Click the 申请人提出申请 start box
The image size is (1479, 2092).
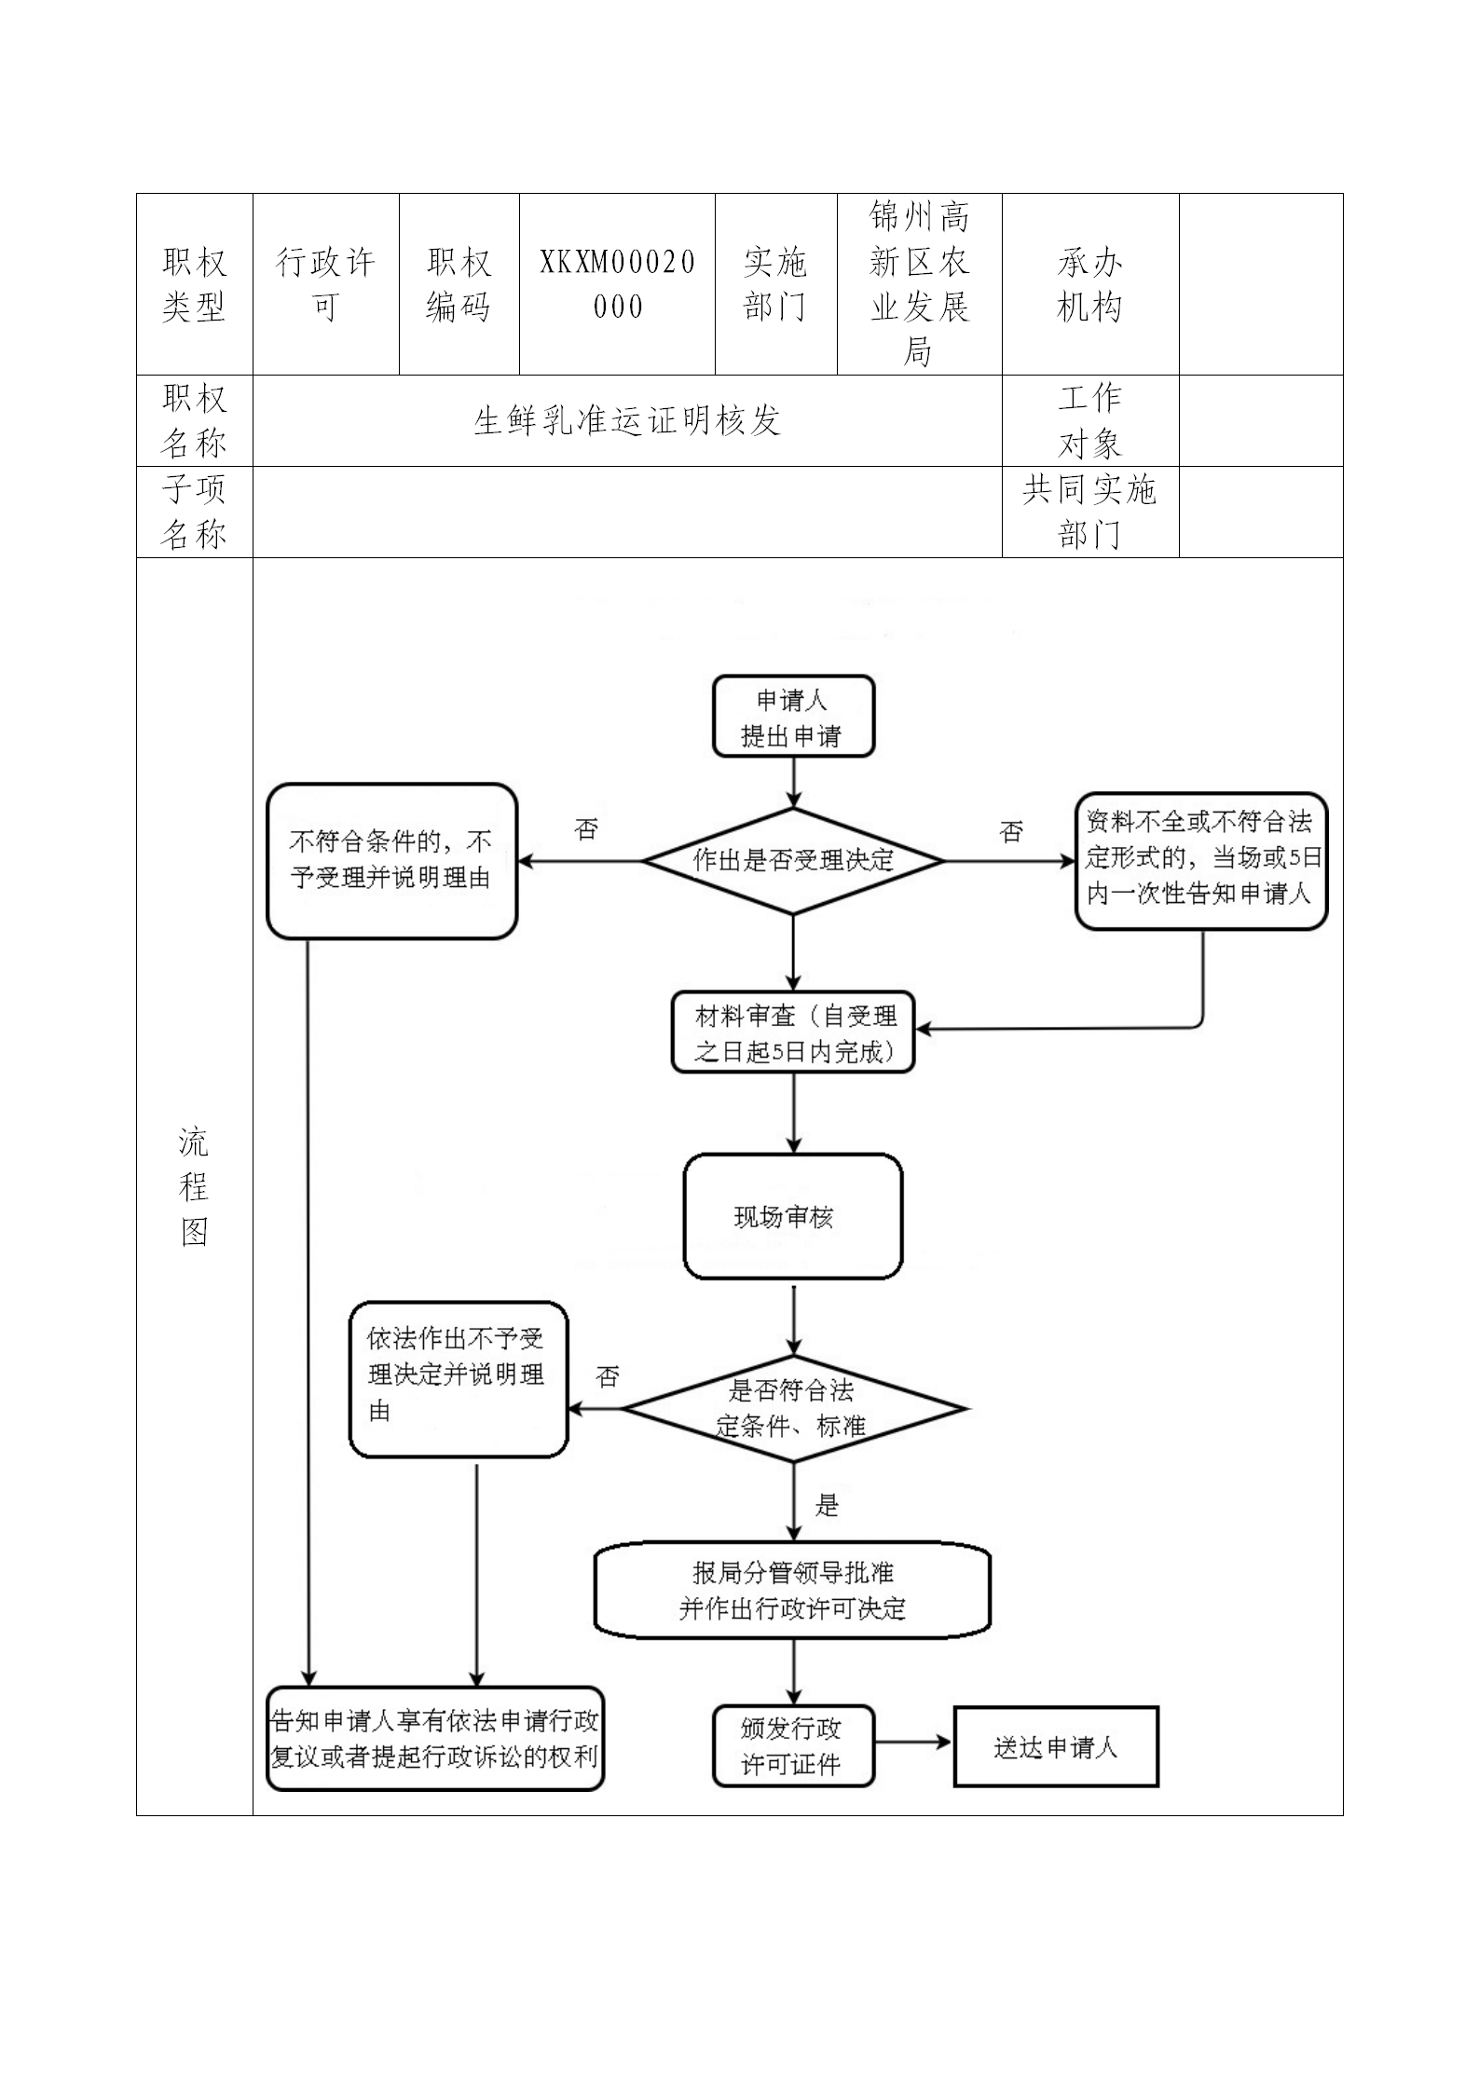point(793,716)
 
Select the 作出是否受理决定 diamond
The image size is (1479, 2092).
point(793,860)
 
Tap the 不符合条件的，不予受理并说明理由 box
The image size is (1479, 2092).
point(391,860)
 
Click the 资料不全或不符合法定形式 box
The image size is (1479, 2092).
point(1200,860)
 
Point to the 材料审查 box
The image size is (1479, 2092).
point(793,1032)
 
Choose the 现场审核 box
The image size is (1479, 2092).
point(793,1216)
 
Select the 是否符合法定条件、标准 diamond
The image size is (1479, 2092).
point(793,1408)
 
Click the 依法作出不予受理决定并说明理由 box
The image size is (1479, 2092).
point(458,1378)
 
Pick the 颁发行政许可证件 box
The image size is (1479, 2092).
point(793,1745)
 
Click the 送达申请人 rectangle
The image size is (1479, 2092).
point(1056,1746)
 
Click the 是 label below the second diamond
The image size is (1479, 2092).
point(828,1504)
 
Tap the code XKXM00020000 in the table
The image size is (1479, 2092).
point(617,284)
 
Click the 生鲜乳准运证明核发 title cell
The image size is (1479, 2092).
point(626,421)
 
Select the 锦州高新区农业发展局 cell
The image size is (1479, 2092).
point(919,284)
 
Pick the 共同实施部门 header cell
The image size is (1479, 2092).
point(1089,512)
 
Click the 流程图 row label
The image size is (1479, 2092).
point(194,1186)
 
